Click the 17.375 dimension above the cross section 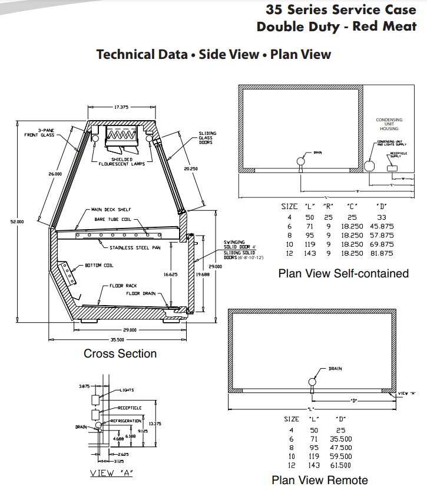coord(121,107)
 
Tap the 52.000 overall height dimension coord(17,222)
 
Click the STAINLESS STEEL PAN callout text coord(135,247)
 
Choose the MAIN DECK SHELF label coord(111,209)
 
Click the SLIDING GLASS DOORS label coord(206,138)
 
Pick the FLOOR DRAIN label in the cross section coord(140,293)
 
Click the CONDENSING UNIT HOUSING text coord(389,124)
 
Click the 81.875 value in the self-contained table coord(381,253)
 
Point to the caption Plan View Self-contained coord(343,273)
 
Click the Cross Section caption coord(120,353)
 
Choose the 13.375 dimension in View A coord(155,423)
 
